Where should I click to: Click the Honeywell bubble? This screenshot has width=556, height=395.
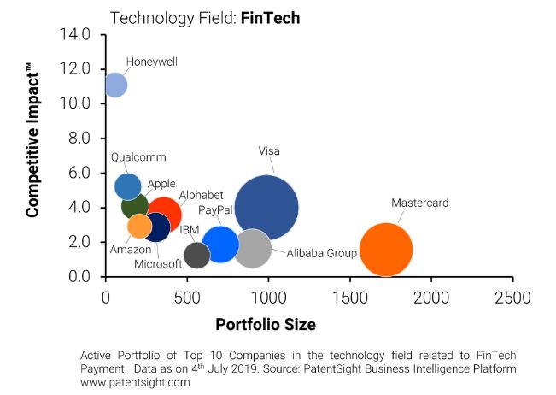pyautogui.click(x=115, y=85)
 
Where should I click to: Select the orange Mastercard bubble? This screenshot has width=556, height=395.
pyautogui.click(x=386, y=250)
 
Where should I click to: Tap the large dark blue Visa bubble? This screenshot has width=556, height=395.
pyautogui.click(x=266, y=207)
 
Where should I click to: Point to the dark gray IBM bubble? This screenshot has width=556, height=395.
pyautogui.click(x=197, y=255)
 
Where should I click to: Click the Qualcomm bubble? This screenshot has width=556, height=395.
pyautogui.click(x=127, y=186)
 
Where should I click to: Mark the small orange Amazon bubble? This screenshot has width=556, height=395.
pyautogui.click(x=139, y=227)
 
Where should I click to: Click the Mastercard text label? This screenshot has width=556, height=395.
pyautogui.click(x=420, y=203)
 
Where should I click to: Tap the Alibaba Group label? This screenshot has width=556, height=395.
pyautogui.click(x=321, y=253)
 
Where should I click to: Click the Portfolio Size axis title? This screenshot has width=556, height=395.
pyautogui.click(x=266, y=325)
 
